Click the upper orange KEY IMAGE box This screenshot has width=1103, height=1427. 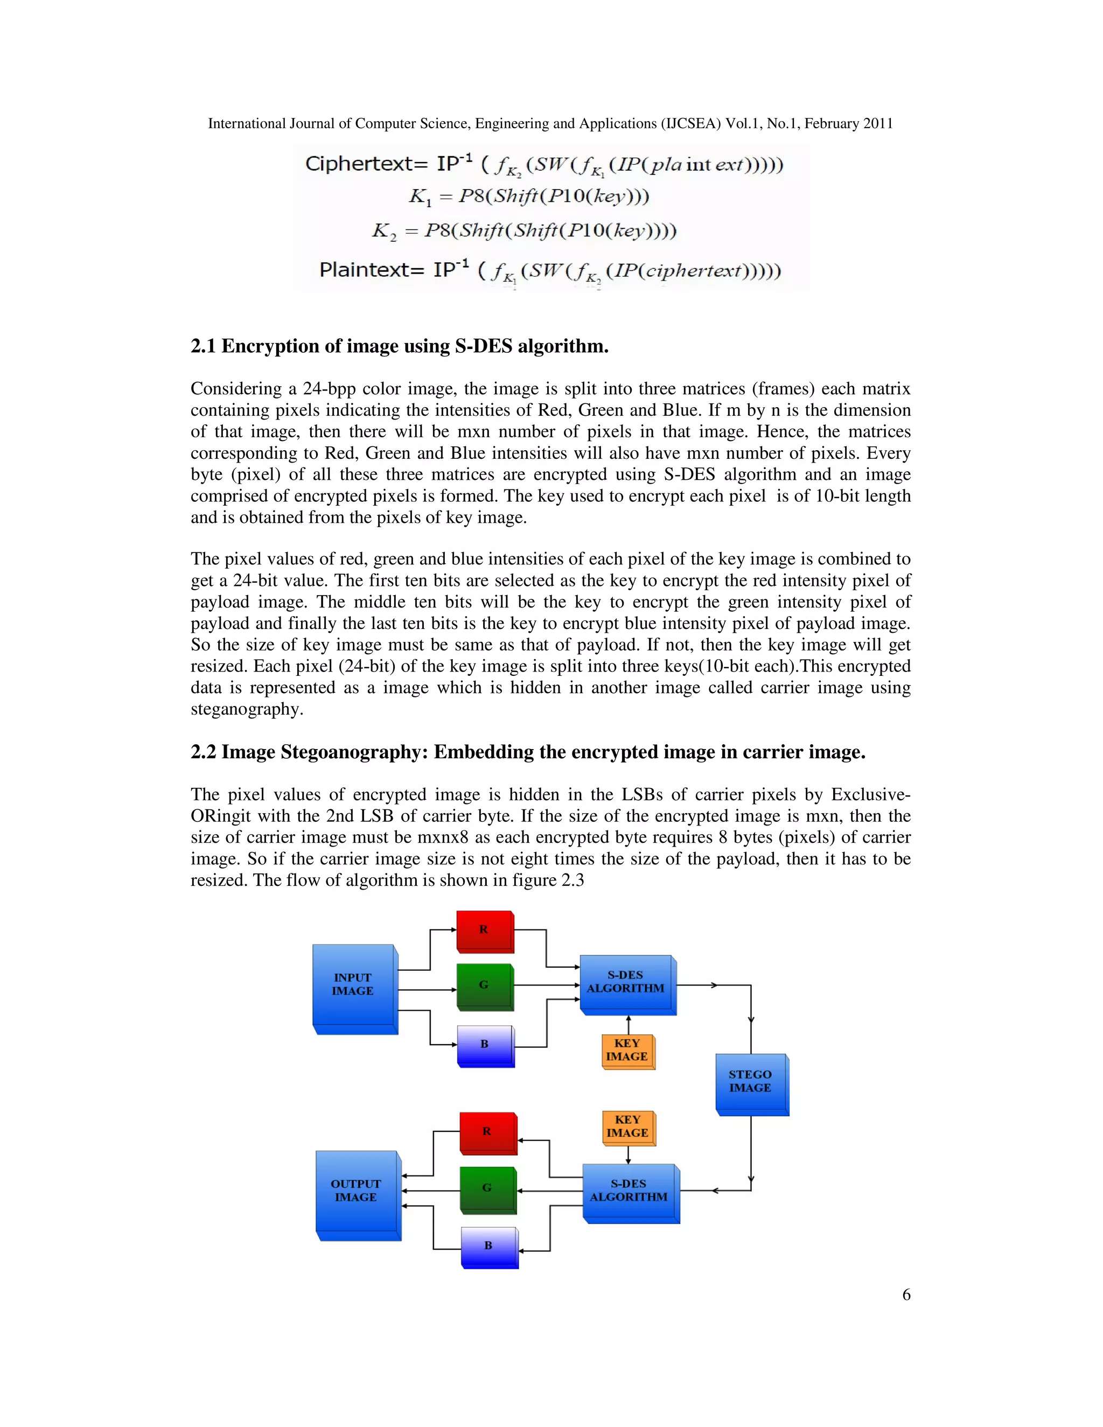[627, 1050]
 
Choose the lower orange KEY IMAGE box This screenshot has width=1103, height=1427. [627, 1127]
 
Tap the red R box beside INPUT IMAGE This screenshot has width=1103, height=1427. [484, 930]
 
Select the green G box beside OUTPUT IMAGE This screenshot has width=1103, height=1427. [487, 1188]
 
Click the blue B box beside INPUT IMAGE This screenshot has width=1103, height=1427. [484, 1044]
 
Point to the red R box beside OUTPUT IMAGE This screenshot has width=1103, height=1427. [487, 1132]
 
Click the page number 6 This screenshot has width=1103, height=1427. [906, 1295]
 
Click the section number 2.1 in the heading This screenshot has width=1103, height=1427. [203, 346]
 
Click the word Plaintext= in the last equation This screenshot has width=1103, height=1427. [372, 269]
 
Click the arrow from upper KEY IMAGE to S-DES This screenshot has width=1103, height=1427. [629, 1025]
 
